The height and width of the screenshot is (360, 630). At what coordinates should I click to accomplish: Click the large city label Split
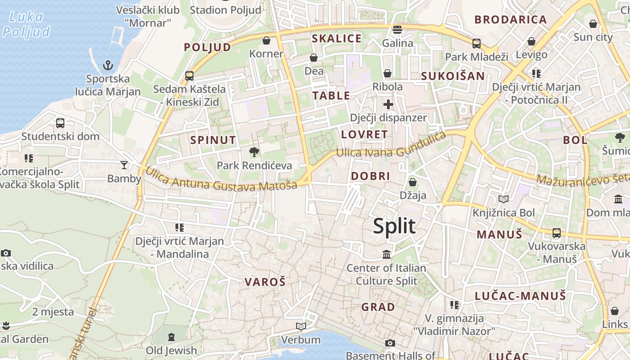[x=394, y=226]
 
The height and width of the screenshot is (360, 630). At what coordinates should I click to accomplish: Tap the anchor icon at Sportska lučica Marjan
[x=108, y=66]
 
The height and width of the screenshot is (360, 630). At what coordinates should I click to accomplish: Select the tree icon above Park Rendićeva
[x=254, y=152]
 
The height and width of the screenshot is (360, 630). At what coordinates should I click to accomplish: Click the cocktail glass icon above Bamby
[x=124, y=165]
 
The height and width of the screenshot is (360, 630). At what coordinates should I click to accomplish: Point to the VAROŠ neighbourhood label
[x=265, y=282]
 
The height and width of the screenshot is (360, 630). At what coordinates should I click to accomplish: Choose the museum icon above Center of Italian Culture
[x=387, y=255]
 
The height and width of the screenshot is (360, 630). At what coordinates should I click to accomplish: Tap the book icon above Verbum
[x=301, y=326]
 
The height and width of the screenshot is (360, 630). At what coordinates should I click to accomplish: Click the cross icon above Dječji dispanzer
[x=388, y=105]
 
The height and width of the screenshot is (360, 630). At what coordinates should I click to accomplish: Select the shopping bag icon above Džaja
[x=412, y=182]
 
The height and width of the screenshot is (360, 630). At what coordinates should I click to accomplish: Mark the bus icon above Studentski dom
[x=60, y=123]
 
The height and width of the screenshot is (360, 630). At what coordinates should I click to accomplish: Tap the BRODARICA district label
[x=511, y=19]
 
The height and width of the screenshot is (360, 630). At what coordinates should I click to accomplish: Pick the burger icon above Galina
[x=397, y=30]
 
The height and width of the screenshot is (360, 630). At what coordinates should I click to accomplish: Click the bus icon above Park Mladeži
[x=476, y=44]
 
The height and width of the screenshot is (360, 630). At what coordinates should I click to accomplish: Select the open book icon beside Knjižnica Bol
[x=503, y=199]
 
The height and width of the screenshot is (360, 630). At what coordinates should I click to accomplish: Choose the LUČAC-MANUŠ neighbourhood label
[x=520, y=296]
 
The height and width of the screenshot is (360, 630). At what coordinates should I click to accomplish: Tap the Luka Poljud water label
[x=26, y=24]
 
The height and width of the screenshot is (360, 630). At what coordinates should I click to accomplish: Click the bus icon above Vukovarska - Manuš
[x=557, y=233]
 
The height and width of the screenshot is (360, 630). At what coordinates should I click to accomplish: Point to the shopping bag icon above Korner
[x=266, y=40]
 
